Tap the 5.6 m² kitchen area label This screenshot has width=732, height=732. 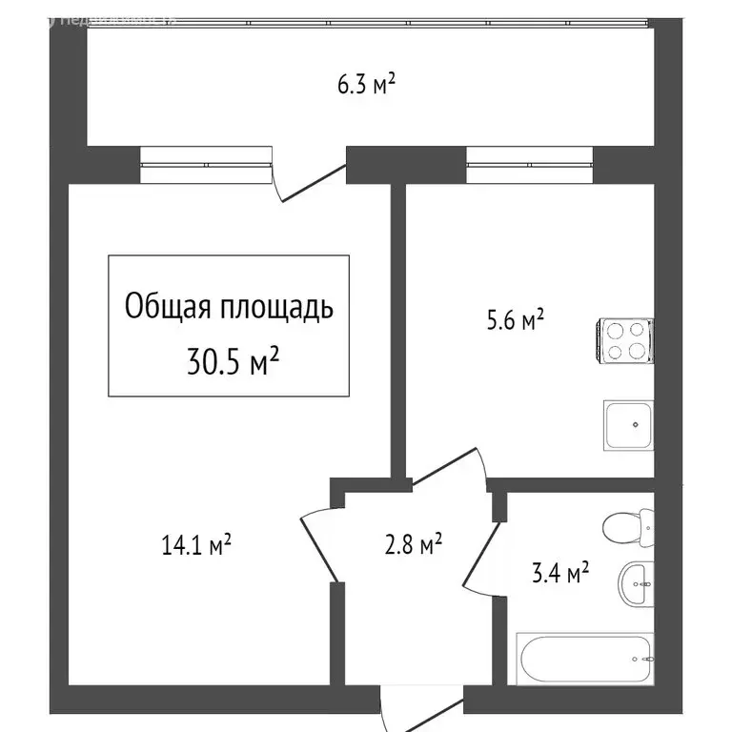click(515, 320)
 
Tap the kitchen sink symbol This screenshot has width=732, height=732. click(627, 426)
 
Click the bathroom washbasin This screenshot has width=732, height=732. click(636, 582)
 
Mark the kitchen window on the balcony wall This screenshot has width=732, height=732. click(530, 164)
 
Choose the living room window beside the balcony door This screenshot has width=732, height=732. click(206, 164)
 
